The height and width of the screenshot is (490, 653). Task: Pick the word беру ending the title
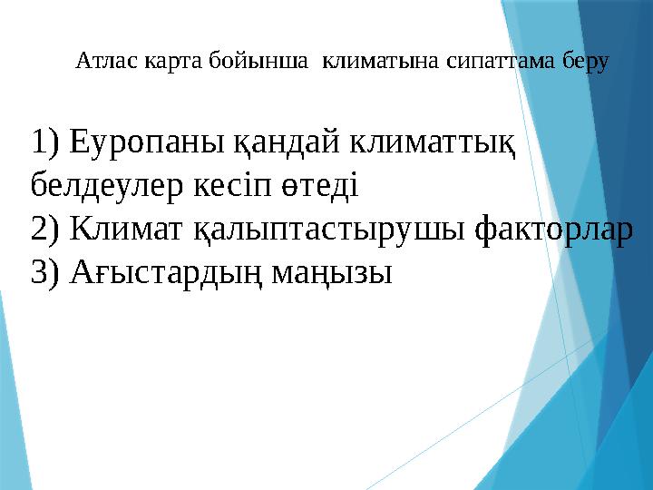pyautogui.click(x=586, y=62)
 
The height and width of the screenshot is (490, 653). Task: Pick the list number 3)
pyautogui.click(x=44, y=272)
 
